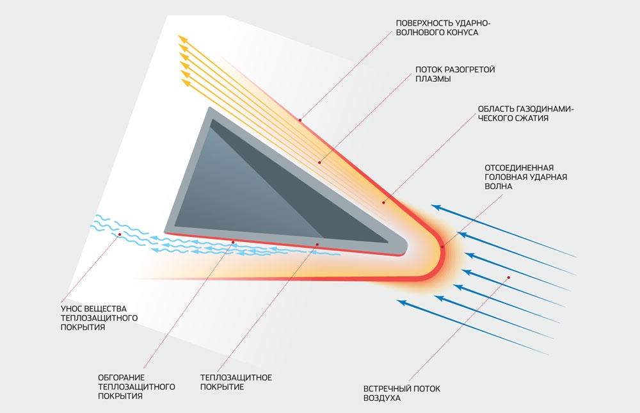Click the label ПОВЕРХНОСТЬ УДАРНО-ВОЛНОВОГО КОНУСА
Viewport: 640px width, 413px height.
[x=444, y=28]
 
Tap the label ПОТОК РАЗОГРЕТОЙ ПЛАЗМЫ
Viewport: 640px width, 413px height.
[x=455, y=74]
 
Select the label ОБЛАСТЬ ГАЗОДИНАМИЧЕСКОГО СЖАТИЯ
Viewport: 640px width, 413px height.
[x=525, y=113]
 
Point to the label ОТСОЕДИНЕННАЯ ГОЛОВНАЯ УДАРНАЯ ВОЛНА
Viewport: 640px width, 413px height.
[x=525, y=177]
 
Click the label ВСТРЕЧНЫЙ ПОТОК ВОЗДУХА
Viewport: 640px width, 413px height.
[x=402, y=393]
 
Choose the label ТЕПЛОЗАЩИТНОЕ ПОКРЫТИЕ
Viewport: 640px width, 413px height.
[x=236, y=382]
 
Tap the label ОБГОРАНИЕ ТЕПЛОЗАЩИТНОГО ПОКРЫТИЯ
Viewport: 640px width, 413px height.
[x=136, y=387]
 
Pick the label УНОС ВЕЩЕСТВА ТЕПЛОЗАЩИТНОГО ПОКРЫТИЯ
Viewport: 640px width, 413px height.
[x=99, y=318]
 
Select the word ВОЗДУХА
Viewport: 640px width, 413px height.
[x=382, y=398]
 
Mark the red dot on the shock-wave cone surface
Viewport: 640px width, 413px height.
[x=300, y=120]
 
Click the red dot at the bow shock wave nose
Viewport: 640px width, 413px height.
[x=443, y=247]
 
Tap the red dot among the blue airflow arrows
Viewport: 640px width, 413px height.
[x=509, y=277]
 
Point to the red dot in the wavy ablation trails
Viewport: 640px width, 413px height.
[x=120, y=234]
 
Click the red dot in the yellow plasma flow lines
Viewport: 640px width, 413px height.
[x=319, y=163]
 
